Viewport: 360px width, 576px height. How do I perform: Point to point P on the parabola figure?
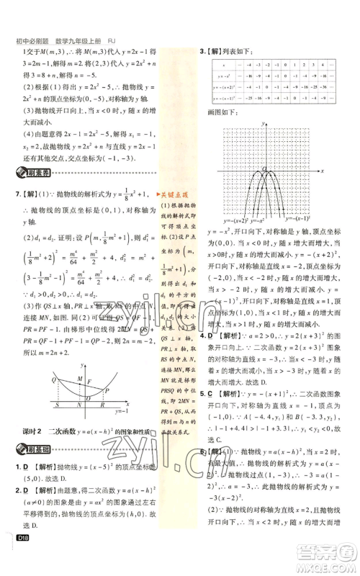pyautogui.click(x=108, y=390)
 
